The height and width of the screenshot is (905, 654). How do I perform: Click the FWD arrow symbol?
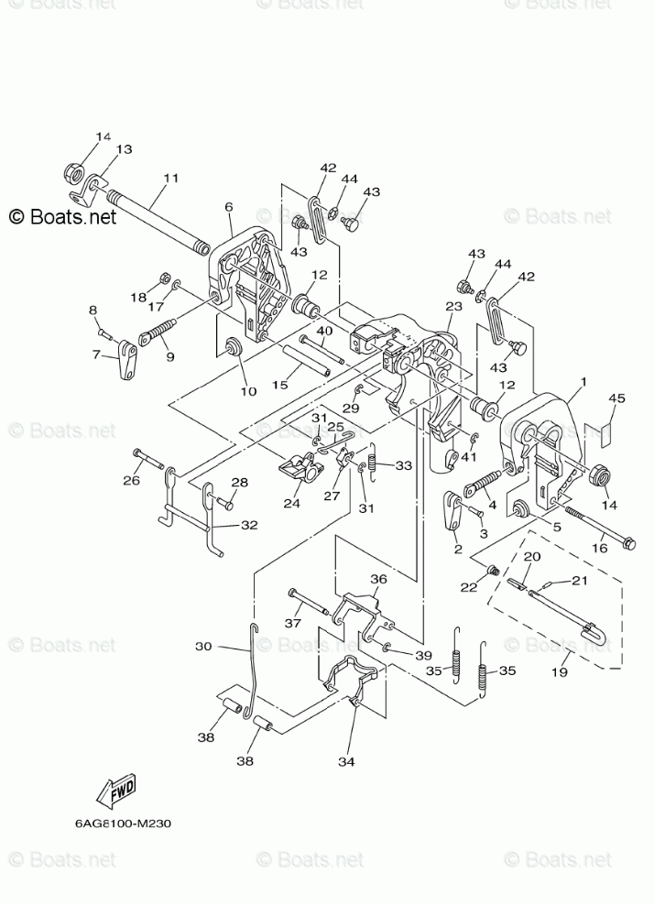point(118,791)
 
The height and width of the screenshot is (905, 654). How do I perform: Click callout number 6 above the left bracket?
point(229,207)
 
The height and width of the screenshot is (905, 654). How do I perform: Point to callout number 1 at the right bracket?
point(583,381)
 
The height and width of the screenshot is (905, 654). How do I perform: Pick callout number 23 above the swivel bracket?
point(454,307)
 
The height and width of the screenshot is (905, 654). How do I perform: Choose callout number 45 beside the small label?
point(616,399)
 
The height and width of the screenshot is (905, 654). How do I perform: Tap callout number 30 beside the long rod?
point(203,646)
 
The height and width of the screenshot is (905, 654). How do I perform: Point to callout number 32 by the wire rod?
point(249,525)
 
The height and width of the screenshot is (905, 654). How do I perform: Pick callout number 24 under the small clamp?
point(292,503)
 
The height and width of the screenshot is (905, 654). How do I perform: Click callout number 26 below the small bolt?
point(132,478)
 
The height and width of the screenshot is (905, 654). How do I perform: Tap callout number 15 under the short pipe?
point(280,386)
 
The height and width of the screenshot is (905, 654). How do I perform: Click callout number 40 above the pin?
point(324,330)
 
